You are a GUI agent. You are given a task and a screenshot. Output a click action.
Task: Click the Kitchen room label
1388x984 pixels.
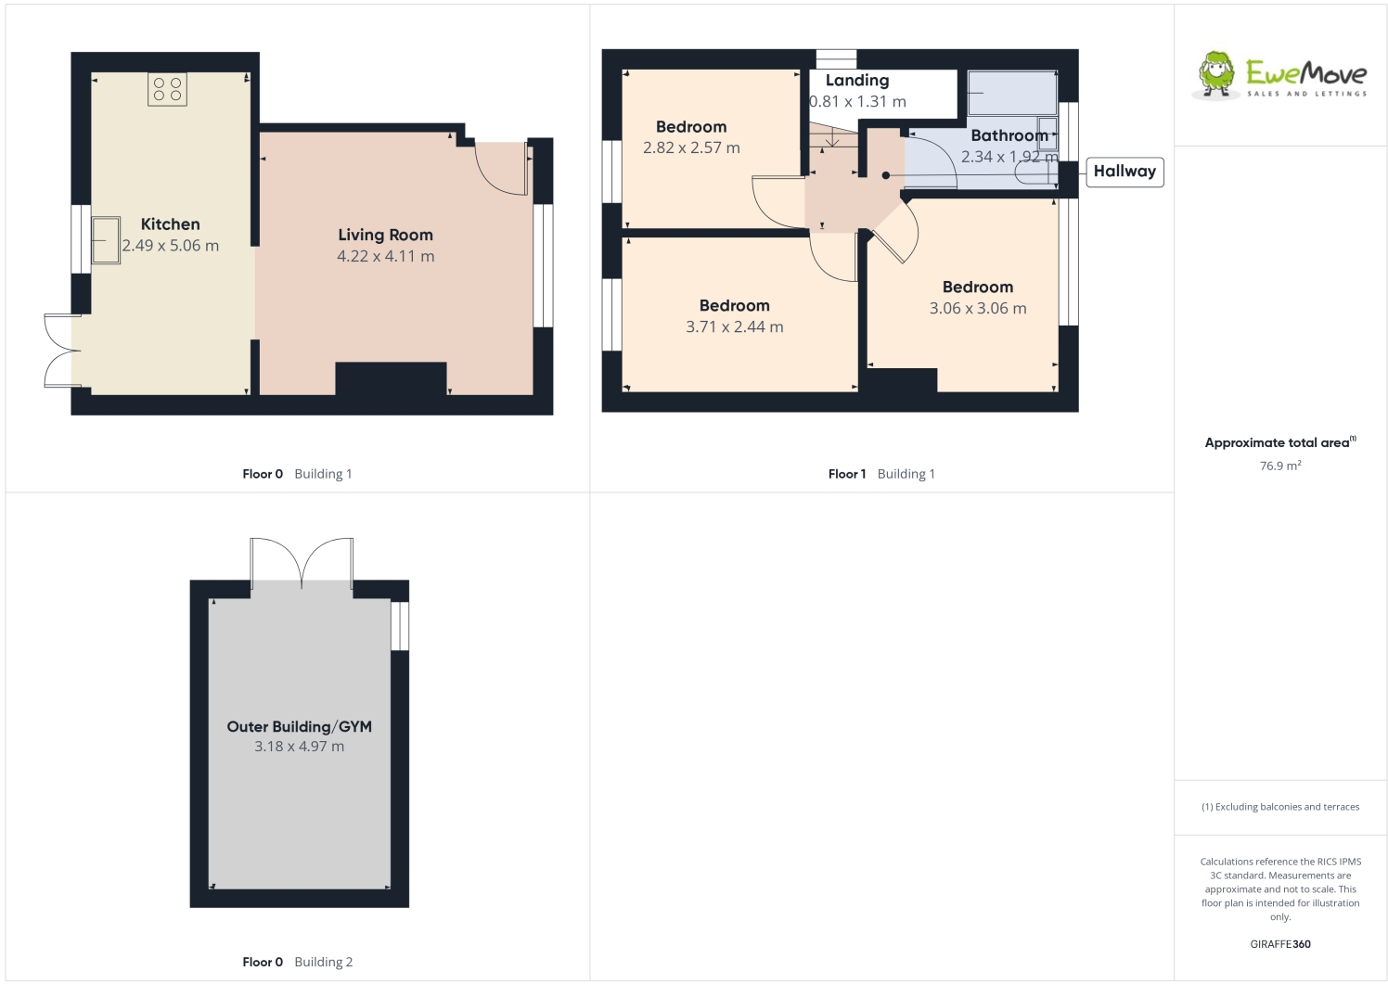[170, 224]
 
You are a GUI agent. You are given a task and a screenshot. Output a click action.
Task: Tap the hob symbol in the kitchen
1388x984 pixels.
[167, 89]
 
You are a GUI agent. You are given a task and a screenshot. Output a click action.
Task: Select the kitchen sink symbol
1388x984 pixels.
[106, 240]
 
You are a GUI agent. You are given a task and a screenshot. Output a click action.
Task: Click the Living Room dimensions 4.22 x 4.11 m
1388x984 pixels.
[385, 257]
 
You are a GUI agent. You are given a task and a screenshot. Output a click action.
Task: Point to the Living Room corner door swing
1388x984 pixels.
[502, 168]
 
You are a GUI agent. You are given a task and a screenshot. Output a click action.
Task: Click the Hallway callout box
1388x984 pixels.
[1125, 172]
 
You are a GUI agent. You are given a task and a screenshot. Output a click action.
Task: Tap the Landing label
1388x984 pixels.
[857, 81]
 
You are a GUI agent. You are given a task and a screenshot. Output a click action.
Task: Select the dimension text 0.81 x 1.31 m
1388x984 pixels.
[858, 102]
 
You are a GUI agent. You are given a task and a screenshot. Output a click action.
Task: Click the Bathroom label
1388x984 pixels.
[1009, 136]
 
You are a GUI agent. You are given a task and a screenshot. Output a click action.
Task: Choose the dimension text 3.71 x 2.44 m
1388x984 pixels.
[735, 327]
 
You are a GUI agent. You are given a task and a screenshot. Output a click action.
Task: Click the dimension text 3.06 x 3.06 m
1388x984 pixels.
[978, 309]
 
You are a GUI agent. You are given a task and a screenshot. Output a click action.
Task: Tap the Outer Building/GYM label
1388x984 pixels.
[300, 727]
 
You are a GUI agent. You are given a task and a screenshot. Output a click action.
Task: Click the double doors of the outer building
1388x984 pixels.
[302, 562]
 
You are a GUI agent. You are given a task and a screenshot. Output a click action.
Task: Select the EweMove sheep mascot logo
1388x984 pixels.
[1216, 74]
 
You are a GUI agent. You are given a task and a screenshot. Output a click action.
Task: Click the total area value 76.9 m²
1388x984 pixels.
[1279, 466]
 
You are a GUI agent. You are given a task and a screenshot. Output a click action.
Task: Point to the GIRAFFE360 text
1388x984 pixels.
[1280, 944]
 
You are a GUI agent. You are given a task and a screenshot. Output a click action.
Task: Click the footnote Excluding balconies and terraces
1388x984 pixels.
[1280, 807]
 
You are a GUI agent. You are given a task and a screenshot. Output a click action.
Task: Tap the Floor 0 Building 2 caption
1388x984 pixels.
[298, 962]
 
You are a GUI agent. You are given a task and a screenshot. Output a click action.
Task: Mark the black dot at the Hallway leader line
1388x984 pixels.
[886, 175]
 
